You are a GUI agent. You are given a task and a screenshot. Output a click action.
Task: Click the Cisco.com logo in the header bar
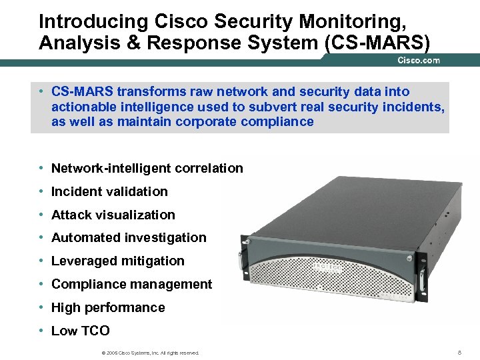click(x=419, y=61)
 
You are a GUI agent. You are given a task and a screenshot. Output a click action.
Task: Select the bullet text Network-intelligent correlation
click(x=147, y=169)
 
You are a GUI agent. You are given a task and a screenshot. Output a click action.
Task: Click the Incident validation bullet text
click(x=109, y=192)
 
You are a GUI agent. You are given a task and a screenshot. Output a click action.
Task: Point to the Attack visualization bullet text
click(x=113, y=215)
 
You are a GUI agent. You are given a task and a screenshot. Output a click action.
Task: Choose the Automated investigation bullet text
click(x=129, y=238)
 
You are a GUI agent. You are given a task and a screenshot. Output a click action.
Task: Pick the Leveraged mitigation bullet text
click(x=117, y=261)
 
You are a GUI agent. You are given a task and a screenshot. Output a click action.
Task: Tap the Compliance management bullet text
click(x=131, y=285)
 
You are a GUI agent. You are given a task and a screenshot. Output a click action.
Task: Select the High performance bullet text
click(x=107, y=308)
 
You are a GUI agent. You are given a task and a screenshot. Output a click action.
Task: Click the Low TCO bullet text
click(x=80, y=331)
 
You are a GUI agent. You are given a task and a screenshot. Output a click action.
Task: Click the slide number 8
click(x=459, y=352)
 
